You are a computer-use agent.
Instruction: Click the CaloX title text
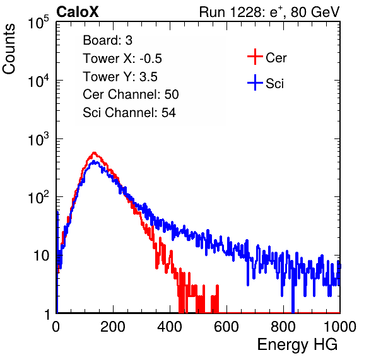[77, 12]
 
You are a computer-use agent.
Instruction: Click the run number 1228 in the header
[245, 12]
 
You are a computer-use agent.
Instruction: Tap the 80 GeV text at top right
[315, 12]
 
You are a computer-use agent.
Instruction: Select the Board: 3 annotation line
[107, 40]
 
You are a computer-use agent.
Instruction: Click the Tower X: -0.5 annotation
[122, 59]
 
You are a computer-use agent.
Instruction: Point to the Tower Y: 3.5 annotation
[120, 77]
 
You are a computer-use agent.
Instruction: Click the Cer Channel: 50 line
[131, 94]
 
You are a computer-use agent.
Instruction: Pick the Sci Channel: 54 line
[129, 113]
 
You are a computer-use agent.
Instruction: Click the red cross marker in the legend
[255, 57]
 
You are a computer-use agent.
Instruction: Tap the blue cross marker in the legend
[255, 83]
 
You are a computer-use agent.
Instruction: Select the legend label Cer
[276, 58]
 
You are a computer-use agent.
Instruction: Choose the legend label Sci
[274, 84]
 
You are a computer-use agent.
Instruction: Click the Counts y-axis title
[9, 49]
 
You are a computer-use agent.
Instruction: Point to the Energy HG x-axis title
[297, 344]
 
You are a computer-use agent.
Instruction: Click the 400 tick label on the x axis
[170, 327]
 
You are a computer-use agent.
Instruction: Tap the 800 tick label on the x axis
[283, 327]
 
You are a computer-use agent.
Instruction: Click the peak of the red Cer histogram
[94, 152]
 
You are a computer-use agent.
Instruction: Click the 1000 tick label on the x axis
[340, 327]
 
